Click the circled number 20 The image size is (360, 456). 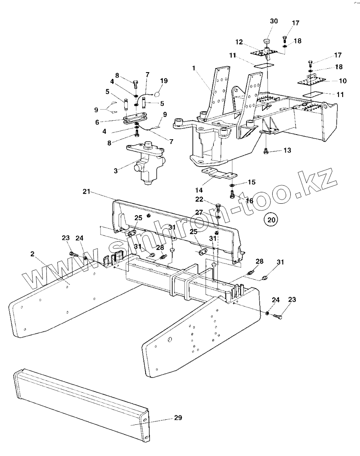[x=271, y=219]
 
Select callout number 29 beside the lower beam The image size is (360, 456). [x=178, y=418]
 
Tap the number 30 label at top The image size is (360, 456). [x=274, y=21]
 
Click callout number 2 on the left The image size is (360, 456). [x=32, y=254]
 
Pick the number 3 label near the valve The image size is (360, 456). [x=116, y=170]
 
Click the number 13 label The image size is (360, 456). [x=287, y=151]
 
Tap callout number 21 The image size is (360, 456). [x=87, y=192]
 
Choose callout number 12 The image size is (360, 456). [x=239, y=42]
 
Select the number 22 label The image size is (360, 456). [x=199, y=199]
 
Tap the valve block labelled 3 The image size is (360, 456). [x=148, y=165]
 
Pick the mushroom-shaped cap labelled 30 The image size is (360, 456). [x=267, y=43]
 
